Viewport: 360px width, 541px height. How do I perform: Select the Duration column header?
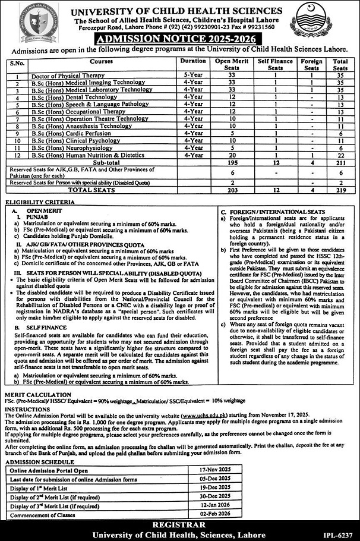click(x=193, y=61)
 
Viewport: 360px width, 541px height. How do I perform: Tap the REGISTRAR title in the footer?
click(x=179, y=526)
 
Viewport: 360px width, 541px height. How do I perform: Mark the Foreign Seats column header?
click(x=312, y=64)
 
